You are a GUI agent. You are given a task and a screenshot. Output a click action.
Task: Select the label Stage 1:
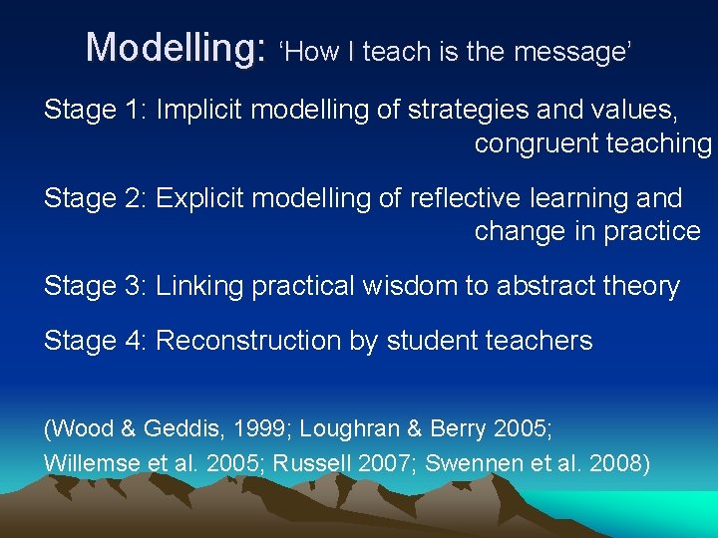(95, 111)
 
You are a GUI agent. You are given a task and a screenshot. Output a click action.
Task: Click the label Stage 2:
(95, 199)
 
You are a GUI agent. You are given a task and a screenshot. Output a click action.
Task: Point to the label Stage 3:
(95, 287)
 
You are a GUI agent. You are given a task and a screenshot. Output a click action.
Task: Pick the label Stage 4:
(95, 341)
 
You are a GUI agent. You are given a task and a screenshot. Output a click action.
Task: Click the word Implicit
(199, 111)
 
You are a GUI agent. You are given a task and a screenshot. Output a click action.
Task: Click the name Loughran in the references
(343, 429)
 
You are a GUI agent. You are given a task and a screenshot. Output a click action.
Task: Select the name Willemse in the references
(83, 463)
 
